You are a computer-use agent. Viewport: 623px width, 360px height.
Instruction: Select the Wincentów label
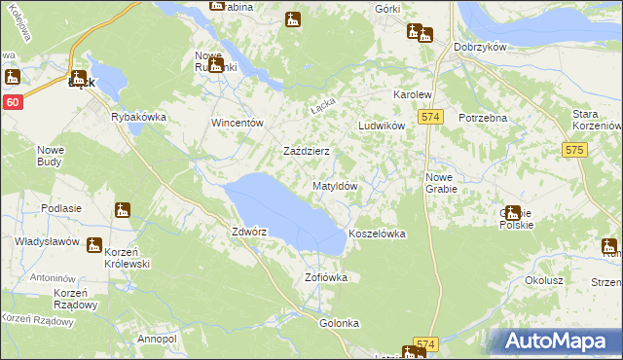[x=238, y=124]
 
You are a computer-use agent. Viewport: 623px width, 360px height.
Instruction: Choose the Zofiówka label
[x=326, y=277]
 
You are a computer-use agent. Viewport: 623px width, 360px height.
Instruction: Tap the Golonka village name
[x=340, y=322]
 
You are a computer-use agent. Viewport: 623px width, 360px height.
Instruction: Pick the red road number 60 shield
[x=12, y=102]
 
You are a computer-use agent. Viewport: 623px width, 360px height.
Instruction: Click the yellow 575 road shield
[x=573, y=150]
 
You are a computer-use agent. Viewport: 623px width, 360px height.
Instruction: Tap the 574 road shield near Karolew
[x=432, y=117]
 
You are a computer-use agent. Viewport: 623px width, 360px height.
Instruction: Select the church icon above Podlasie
[x=122, y=209]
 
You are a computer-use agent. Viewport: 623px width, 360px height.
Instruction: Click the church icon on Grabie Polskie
[x=513, y=212]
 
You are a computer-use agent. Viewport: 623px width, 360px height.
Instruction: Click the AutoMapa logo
[x=558, y=341]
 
